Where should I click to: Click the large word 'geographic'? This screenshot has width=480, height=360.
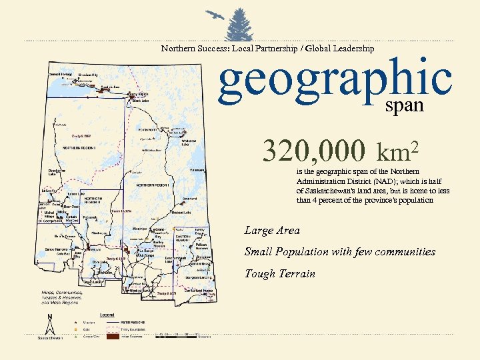(x=335, y=79)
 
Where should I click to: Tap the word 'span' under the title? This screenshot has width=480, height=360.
(x=405, y=105)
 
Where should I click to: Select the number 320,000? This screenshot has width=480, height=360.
(x=313, y=151)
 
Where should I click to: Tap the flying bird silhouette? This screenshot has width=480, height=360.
(x=213, y=15)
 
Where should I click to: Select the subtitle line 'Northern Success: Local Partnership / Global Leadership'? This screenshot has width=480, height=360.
(x=267, y=48)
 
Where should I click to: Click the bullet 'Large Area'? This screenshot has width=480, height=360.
(x=272, y=231)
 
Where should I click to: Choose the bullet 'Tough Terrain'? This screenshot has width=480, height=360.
(x=279, y=273)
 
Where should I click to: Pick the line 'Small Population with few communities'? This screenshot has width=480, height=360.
(x=339, y=252)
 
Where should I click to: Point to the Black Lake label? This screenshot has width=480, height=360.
(x=141, y=101)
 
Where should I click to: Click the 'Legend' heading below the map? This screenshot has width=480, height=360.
(x=107, y=314)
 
